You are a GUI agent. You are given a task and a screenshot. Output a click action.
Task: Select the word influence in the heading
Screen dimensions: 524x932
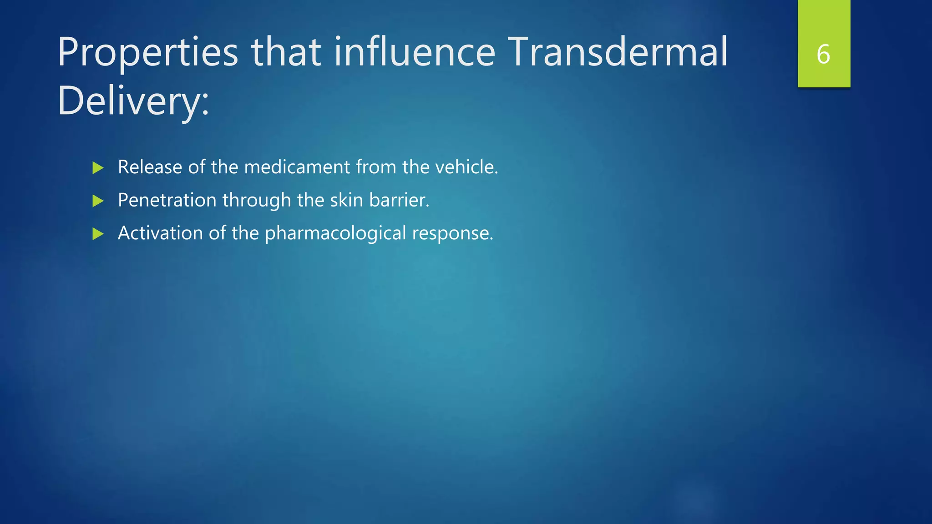(415, 52)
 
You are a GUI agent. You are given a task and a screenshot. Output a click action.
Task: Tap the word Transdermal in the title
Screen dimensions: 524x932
(618, 52)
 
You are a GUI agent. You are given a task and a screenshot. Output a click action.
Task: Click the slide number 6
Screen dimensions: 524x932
(823, 55)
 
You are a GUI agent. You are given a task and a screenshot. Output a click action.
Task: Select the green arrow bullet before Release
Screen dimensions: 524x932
(98, 168)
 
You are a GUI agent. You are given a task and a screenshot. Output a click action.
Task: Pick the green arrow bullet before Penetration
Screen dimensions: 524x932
(98, 201)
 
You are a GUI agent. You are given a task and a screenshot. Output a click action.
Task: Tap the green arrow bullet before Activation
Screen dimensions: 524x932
(98, 234)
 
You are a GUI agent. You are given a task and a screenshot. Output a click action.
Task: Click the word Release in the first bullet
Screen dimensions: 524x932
(150, 167)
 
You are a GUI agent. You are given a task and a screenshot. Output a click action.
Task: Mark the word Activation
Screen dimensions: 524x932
(160, 233)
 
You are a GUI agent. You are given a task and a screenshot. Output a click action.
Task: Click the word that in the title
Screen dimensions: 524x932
(286, 52)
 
